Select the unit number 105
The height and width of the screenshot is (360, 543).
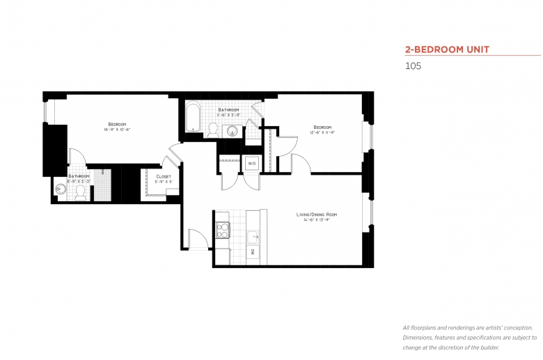(x=413, y=67)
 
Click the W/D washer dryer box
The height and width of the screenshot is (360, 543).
(x=251, y=164)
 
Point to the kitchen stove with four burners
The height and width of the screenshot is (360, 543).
(x=223, y=230)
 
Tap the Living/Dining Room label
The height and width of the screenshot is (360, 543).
(x=320, y=214)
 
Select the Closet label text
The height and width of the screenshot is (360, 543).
(x=163, y=177)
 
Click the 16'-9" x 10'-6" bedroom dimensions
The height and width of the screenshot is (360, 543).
(x=116, y=130)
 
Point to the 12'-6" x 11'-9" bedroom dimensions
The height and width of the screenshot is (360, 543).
(x=322, y=132)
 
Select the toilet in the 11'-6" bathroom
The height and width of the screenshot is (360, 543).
(x=214, y=129)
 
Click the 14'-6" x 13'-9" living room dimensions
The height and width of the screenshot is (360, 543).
(x=320, y=220)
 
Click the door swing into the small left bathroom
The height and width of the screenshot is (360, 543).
(x=77, y=159)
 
